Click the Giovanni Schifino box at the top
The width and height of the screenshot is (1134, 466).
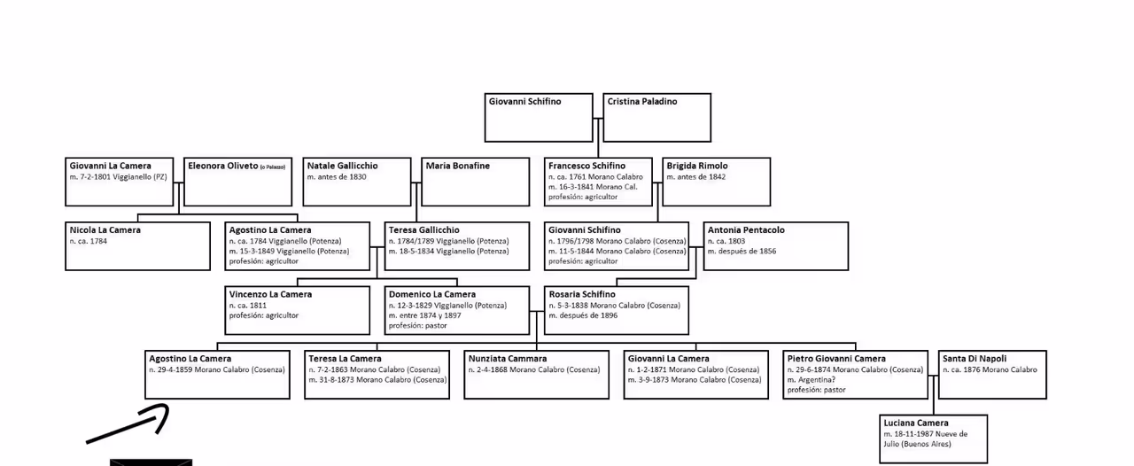539,117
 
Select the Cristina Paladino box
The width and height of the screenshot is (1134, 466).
657,117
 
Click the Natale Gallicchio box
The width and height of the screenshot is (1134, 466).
357,181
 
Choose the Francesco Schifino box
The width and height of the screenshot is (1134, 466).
599,181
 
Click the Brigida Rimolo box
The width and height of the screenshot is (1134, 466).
716,181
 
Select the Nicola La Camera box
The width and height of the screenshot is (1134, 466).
137,245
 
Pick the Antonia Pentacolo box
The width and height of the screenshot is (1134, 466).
776,245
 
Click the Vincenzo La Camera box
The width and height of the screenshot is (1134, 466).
297,309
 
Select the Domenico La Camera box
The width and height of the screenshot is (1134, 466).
455,309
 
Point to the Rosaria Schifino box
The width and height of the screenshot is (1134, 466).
617,309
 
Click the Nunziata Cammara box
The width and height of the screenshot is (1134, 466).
537,374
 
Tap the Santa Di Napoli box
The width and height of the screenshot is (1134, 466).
992,374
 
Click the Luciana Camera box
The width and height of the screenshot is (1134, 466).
933,438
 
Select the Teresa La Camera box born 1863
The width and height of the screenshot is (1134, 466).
377,374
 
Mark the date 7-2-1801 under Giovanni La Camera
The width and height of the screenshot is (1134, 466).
97,177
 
